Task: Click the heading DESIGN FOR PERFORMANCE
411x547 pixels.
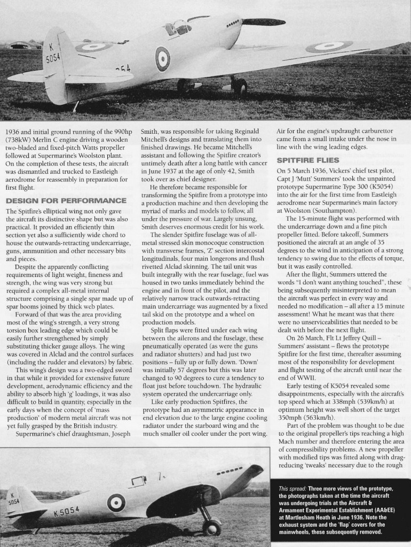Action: (65, 201)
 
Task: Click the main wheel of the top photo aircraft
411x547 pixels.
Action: (240, 86)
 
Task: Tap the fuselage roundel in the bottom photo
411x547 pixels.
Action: (116, 502)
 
